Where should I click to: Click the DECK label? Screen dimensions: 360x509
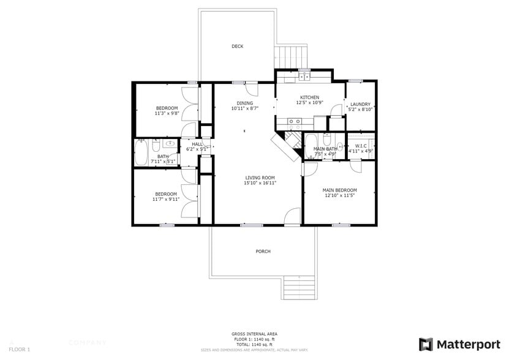point(238,47)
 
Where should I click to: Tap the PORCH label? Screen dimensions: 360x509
point(263,252)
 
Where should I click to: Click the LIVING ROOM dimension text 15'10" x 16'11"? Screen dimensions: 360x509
point(260,183)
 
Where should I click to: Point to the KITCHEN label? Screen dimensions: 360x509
point(309,98)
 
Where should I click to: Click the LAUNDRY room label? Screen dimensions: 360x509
point(360,104)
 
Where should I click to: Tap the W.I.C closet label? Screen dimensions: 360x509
point(361,146)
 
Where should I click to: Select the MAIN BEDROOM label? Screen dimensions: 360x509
point(339,190)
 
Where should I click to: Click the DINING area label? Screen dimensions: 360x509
point(245,103)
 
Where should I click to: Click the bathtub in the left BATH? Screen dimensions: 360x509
point(141,152)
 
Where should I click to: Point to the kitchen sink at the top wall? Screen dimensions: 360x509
point(304,77)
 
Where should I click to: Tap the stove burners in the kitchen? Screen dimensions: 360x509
point(294,122)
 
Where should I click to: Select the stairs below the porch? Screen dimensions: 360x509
point(300,287)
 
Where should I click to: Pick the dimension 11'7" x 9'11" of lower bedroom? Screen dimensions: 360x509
point(166,199)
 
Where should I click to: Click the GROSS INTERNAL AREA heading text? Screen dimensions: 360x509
point(254,334)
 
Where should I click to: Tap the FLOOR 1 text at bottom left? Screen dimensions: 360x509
point(19,349)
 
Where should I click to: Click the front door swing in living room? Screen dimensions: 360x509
point(293,217)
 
